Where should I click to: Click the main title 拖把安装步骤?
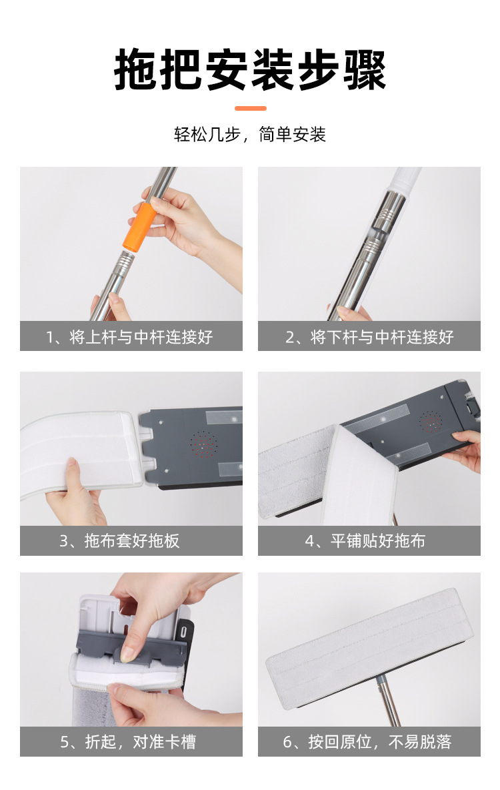coord(250,70)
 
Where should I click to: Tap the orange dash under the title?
coord(250,108)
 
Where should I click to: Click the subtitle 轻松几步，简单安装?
coord(250,135)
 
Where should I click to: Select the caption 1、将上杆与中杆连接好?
coord(130,336)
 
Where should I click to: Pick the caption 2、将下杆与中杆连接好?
coord(369,336)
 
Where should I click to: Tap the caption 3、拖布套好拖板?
coord(119,540)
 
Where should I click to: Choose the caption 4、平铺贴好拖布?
coord(365,540)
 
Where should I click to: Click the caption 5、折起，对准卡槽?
coord(128,742)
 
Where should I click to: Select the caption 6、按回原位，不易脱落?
coord(367,742)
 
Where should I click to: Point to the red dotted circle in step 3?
coord(203,444)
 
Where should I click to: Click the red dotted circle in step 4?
coord(431,422)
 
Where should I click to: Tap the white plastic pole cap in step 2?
coord(406,178)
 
